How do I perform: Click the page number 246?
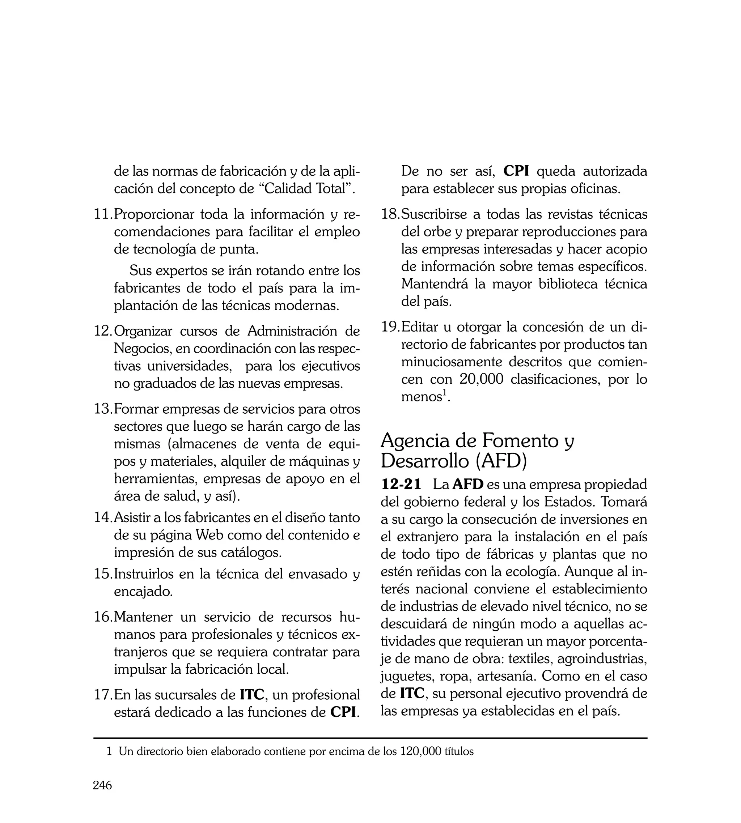point(102,785)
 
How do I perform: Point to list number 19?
point(390,327)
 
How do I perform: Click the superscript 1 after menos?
point(445,392)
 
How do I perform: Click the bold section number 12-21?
point(401,485)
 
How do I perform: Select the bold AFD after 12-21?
point(468,485)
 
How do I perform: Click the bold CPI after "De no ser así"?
point(516,171)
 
